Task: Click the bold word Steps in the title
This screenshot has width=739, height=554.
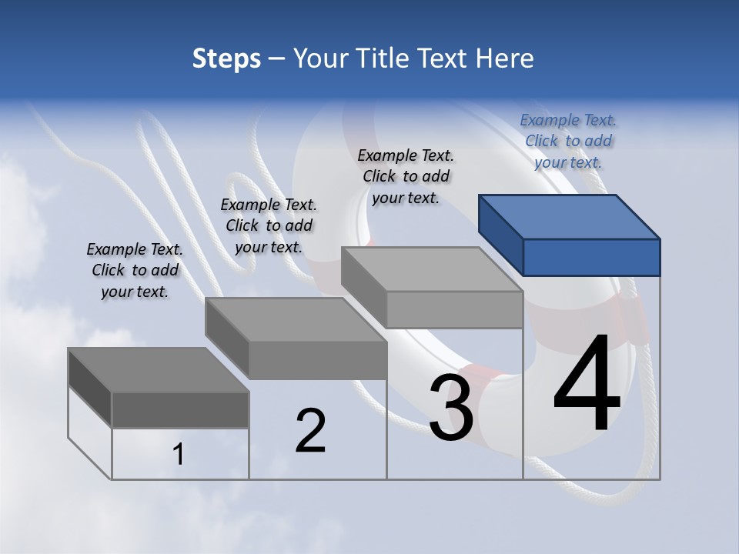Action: pyautogui.click(x=226, y=58)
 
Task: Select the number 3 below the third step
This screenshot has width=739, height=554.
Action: pyautogui.click(x=451, y=409)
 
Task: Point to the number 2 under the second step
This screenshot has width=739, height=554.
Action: pyautogui.click(x=311, y=431)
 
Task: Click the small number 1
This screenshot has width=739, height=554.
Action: pyautogui.click(x=179, y=455)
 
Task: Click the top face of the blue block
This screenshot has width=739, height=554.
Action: pyautogui.click(x=570, y=217)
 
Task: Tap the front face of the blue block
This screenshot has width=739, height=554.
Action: pyautogui.click(x=591, y=257)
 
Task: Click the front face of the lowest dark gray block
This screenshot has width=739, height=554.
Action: pyautogui.click(x=180, y=409)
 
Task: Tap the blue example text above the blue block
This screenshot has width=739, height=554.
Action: pyautogui.click(x=568, y=141)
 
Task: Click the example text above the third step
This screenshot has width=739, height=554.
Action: pyautogui.click(x=406, y=176)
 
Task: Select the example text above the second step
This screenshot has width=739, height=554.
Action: pyautogui.click(x=269, y=225)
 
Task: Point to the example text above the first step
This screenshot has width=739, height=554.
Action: pyautogui.click(x=135, y=270)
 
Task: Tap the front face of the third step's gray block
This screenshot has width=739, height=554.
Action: pyautogui.click(x=454, y=310)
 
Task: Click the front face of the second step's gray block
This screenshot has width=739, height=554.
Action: pyautogui.click(x=317, y=360)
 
